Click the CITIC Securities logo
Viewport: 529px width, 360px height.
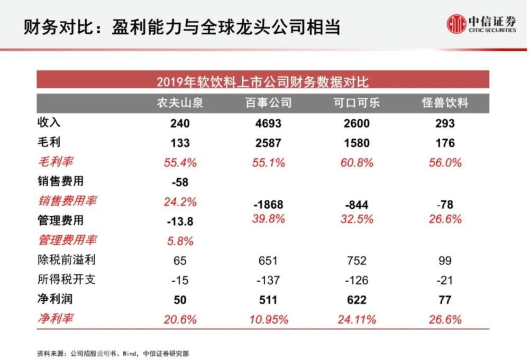point(481,24)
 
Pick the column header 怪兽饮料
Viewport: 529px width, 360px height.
point(445,103)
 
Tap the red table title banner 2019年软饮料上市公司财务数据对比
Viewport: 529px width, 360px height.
point(262,81)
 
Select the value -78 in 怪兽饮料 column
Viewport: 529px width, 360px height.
point(445,204)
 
